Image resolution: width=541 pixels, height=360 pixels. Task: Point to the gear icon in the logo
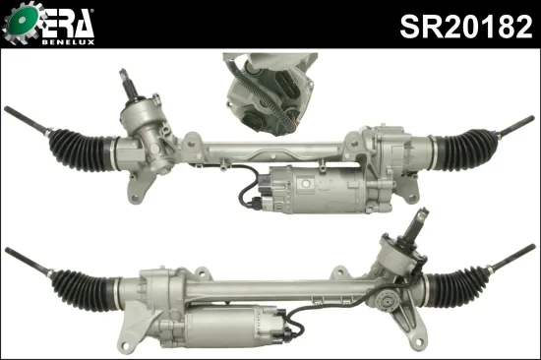click(21, 25)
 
